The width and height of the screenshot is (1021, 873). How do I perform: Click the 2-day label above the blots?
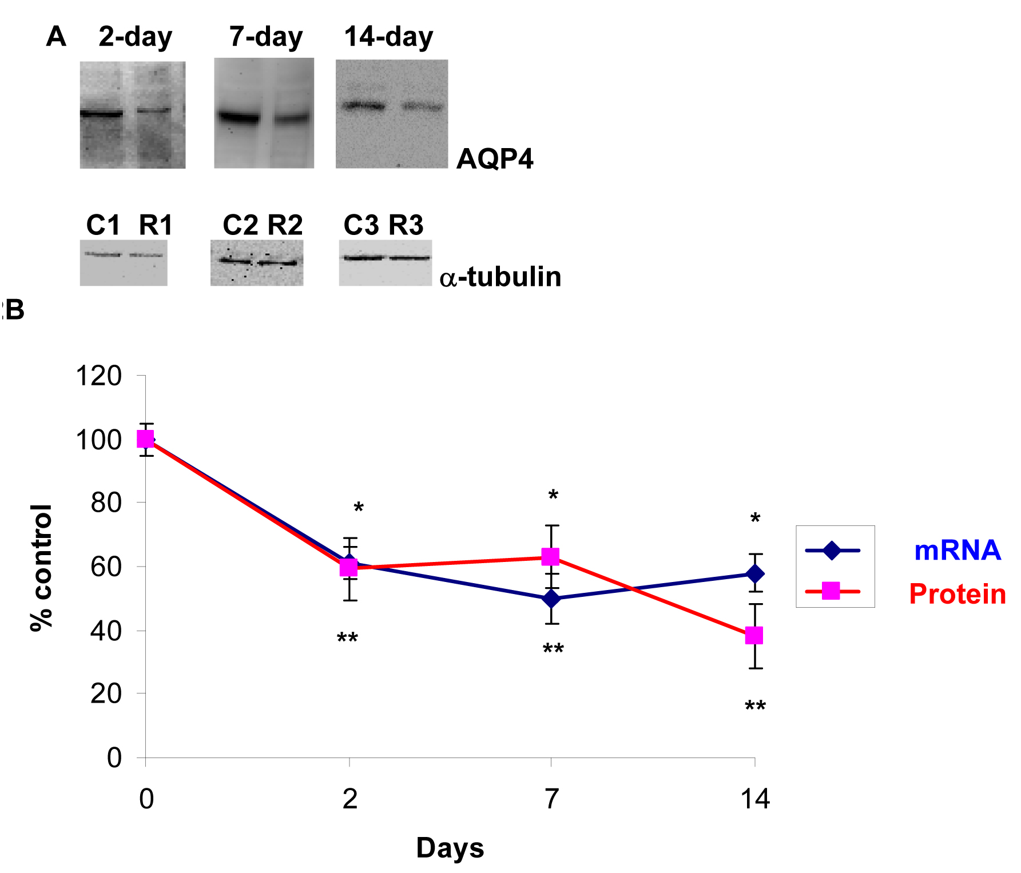tap(135, 37)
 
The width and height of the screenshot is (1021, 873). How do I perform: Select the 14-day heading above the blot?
tap(388, 37)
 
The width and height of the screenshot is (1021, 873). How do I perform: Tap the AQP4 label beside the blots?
tap(495, 159)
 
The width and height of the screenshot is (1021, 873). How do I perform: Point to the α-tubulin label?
tap(500, 277)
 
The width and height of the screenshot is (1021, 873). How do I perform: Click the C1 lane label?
tap(103, 225)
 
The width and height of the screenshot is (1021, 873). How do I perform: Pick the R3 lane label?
tap(406, 225)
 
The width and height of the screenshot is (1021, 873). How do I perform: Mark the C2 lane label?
tap(240, 225)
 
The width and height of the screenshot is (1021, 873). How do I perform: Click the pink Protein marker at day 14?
tap(754, 635)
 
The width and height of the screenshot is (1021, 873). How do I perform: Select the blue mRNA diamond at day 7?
tap(551, 599)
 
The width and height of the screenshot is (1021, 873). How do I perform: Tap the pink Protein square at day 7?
tap(550, 556)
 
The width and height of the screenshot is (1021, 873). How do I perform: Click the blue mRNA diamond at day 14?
tap(755, 573)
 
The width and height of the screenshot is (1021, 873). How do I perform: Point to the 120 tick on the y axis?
tap(98, 376)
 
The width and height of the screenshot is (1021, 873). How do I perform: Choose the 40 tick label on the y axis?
tap(106, 631)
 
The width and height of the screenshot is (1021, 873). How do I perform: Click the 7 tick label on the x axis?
tap(551, 799)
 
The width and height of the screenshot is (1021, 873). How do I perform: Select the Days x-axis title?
tap(450, 848)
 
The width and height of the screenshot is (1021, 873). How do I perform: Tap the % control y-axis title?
tap(41, 567)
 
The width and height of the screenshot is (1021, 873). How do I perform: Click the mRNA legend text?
tap(957, 551)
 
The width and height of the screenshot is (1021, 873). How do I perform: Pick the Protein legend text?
tap(957, 594)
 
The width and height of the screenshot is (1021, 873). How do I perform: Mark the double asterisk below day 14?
tap(755, 707)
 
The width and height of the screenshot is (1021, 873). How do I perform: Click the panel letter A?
tap(56, 37)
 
